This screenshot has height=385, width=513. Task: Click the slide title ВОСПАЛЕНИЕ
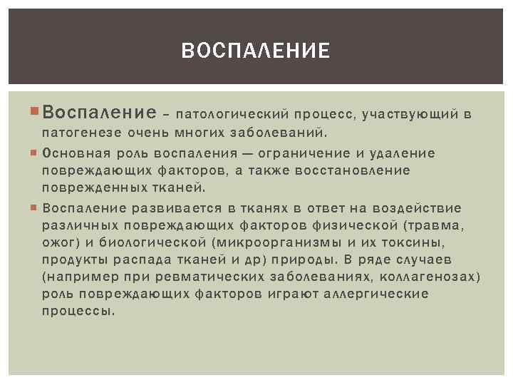tap(256, 51)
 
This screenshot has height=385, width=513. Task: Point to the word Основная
tap(73, 153)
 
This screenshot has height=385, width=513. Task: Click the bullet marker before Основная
tap(36, 153)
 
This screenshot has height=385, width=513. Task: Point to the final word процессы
tap(78, 312)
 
